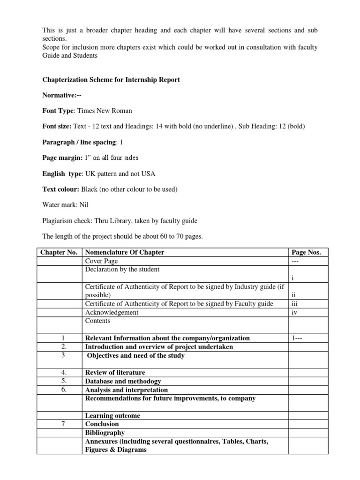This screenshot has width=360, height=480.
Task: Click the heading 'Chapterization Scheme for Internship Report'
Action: pos(111,80)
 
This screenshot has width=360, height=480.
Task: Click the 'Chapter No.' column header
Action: pos(59,253)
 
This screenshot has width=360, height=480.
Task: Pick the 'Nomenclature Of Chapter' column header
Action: pos(124,253)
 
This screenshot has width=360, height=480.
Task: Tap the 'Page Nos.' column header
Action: pos(306,253)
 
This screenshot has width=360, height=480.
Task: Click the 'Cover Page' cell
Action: pos(101,261)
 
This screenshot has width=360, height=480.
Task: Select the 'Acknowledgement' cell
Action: pos(112,312)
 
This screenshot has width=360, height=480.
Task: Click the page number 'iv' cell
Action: pos(294,312)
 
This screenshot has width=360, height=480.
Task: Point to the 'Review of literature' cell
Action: pos(115,373)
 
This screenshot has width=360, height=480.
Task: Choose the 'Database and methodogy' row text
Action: pos(123,381)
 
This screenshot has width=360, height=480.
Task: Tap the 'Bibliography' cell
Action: pos(105,433)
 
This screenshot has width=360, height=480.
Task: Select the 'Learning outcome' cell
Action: pos(112,415)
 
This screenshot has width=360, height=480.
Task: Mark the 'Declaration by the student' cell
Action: pos(122,270)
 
